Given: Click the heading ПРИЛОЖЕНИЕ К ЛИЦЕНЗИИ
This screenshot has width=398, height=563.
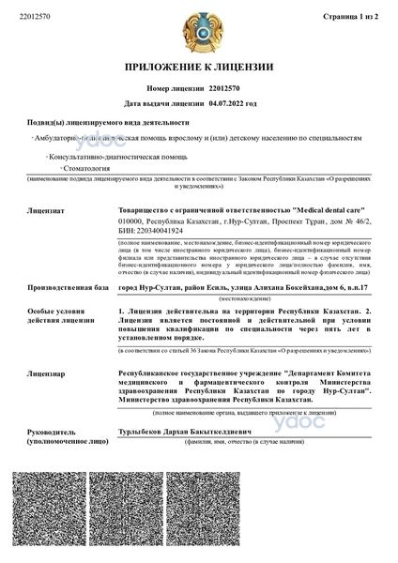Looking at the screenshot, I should (199, 67).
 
